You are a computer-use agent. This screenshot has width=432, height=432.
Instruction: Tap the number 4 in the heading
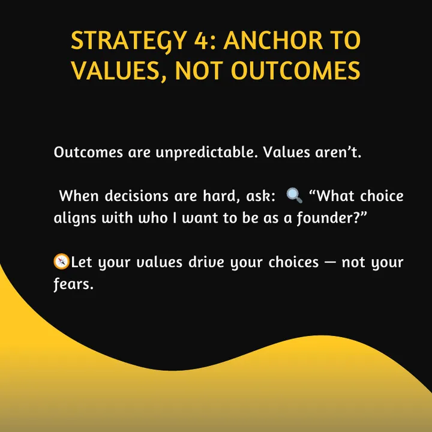(201, 40)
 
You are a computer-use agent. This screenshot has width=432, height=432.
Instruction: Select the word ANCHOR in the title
(273, 40)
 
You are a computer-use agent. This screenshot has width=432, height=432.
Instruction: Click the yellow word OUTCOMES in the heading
(295, 70)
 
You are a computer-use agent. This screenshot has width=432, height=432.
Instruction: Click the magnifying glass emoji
(294, 196)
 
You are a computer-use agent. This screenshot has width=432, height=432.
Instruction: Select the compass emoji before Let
(61, 261)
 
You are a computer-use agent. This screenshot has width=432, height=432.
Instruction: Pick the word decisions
(136, 196)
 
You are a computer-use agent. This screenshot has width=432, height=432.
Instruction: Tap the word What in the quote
(331, 196)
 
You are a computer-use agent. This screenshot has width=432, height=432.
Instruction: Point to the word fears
(74, 284)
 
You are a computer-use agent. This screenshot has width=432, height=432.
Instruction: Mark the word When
(79, 196)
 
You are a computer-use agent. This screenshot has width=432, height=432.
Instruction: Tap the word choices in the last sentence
(293, 262)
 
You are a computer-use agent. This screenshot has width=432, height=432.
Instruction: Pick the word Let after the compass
(82, 262)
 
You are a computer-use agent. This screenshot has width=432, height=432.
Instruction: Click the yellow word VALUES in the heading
(119, 71)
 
